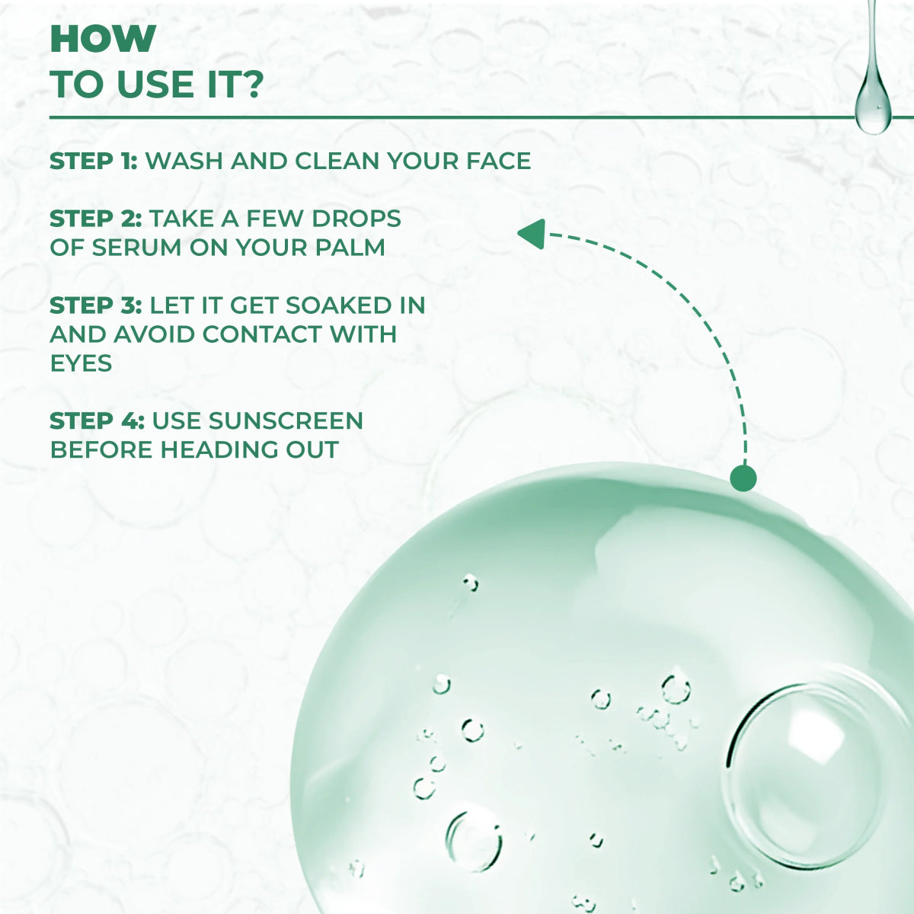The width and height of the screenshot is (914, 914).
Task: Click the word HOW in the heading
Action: [103, 39]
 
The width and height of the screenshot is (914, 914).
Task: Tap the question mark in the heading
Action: [252, 85]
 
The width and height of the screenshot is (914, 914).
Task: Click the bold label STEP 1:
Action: [94, 161]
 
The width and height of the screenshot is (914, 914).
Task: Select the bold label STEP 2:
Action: [95, 219]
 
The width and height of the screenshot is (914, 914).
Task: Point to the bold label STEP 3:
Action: [95, 305]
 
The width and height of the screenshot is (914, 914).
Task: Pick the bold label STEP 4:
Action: [97, 420]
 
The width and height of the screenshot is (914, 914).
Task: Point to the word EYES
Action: [81, 363]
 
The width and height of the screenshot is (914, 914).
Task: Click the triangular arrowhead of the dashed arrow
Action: [532, 235]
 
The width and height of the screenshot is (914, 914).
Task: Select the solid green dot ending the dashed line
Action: [743, 477]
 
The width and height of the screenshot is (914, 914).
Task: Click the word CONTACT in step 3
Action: [262, 334]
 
